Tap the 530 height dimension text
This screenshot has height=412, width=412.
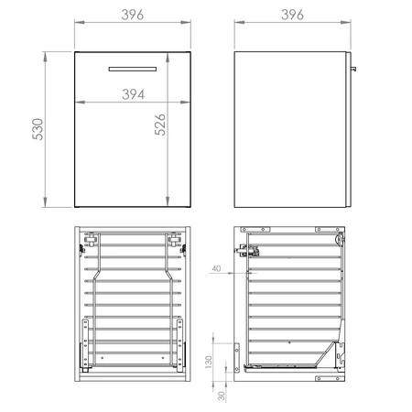[38, 130]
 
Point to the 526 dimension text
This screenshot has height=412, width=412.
[158, 131]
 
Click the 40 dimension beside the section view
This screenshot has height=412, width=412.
[215, 268]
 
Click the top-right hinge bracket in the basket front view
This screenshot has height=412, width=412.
[174, 242]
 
